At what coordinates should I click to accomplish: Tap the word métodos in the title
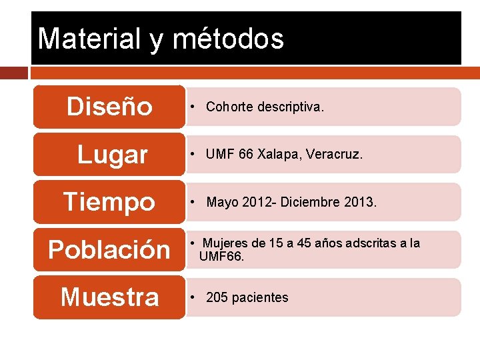coord(229,39)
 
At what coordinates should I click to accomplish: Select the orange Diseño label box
coord(109,107)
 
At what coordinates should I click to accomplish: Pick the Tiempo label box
coord(109,201)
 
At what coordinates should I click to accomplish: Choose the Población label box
coord(109,249)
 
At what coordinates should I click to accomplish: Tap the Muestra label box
coord(109,297)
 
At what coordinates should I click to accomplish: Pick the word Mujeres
coord(225,243)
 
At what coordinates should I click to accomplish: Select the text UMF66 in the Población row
coord(221,255)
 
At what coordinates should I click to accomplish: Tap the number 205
coord(217,297)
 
